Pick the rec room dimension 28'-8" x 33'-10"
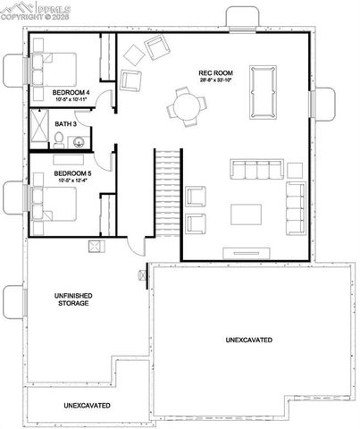(x=215, y=80)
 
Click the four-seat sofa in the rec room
(x=255, y=169)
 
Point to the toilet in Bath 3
(x=58, y=139)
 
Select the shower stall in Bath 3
(x=39, y=128)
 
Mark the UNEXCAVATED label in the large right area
(x=249, y=341)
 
